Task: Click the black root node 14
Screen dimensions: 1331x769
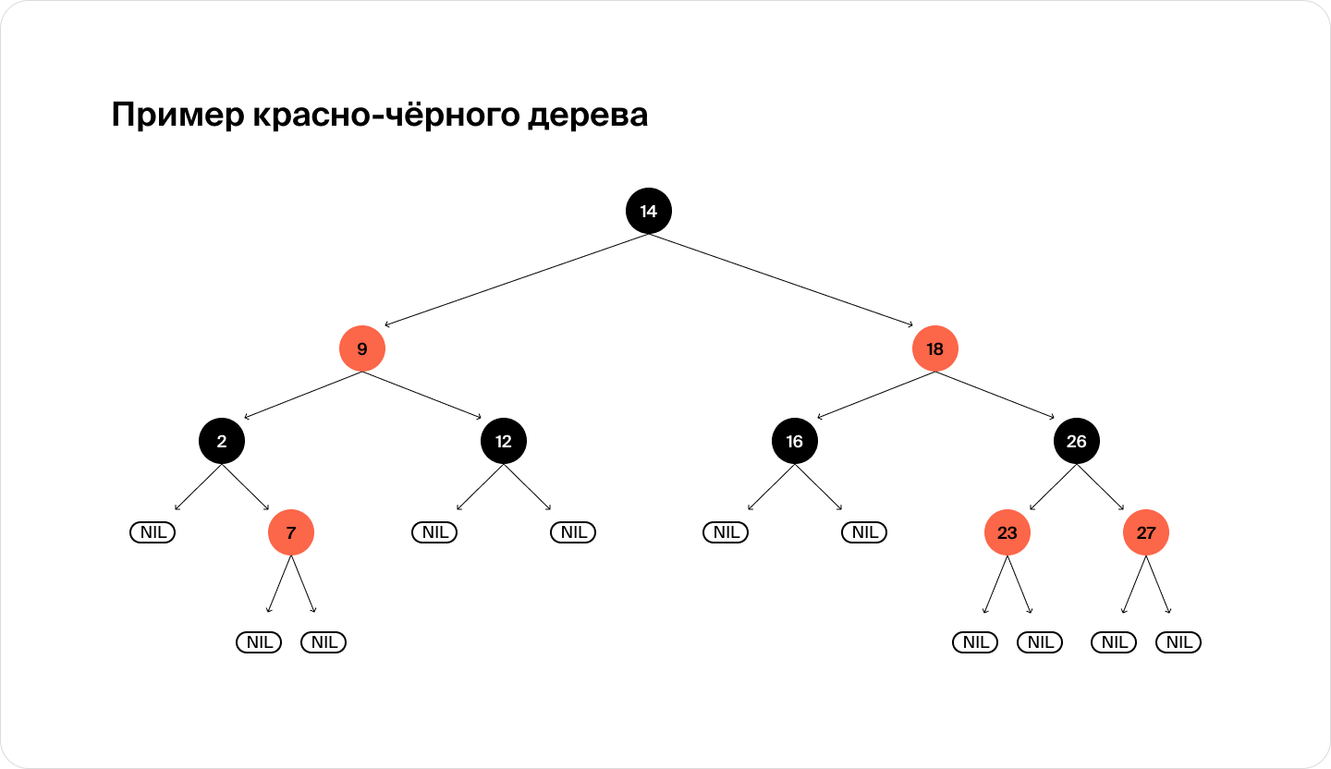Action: tap(648, 211)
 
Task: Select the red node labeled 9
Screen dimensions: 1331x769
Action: tap(362, 348)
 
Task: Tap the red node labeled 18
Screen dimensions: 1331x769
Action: tap(934, 348)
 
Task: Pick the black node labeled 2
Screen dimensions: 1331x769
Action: tap(222, 441)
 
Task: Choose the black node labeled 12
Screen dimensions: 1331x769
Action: tap(503, 441)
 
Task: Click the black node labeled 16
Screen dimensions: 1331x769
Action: tap(795, 441)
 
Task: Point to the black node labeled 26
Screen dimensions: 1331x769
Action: tap(1076, 441)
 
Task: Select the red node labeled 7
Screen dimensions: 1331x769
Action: tap(290, 532)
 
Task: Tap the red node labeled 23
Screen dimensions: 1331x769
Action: tap(1007, 532)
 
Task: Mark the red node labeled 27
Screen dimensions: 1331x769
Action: tap(1145, 532)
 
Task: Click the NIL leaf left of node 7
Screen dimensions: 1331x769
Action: tap(153, 531)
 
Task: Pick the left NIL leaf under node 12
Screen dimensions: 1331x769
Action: tap(434, 531)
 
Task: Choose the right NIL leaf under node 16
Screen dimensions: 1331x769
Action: tap(864, 531)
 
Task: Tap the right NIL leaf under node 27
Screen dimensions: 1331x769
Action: tap(1178, 642)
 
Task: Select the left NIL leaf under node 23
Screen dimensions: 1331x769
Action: tap(975, 642)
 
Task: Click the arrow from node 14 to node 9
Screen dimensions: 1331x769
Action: tap(517, 280)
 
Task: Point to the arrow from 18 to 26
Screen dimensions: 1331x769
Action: tap(995, 396)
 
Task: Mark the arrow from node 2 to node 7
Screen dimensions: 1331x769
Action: tap(246, 487)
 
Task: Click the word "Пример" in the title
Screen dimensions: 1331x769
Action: tap(177, 115)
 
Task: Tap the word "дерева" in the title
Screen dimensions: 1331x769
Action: tap(588, 115)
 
